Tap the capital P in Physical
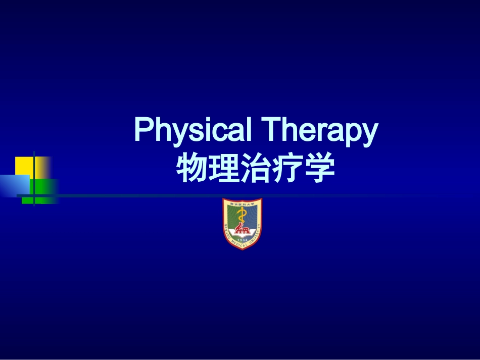(143, 130)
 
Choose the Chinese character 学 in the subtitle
(319, 169)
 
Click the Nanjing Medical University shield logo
(243, 224)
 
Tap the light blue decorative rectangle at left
(14, 185)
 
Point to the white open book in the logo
(243, 233)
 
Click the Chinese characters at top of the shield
(243, 203)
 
